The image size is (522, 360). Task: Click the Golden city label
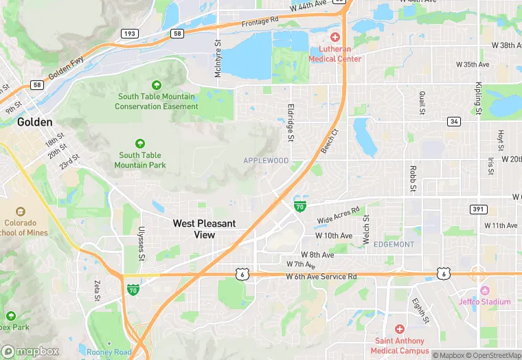click(34, 122)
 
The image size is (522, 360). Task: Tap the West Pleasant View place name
click(204, 229)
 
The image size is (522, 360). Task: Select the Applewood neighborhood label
click(266, 160)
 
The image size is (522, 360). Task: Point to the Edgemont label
click(394, 245)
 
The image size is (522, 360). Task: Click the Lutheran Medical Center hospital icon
click(335, 36)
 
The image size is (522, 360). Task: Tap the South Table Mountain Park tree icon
click(140, 144)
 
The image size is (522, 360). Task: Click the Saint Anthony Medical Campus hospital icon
click(399, 330)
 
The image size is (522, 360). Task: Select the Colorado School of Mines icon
click(19, 212)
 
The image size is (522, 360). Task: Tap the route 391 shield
click(479, 209)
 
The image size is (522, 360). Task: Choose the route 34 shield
click(454, 122)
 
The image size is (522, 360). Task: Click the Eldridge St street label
click(290, 122)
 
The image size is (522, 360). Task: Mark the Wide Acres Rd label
click(338, 216)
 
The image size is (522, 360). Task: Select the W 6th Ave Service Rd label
click(321, 276)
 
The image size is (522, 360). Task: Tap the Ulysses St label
click(141, 244)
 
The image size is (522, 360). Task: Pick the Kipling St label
click(478, 98)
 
